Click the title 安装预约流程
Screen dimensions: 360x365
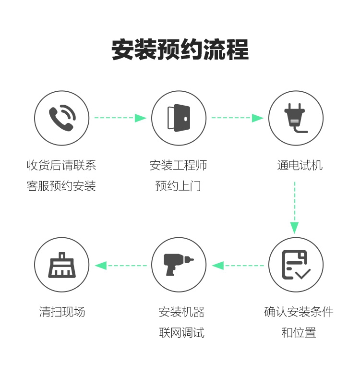(180, 50)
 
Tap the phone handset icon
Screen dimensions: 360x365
(62, 118)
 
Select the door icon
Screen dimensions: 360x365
(179, 118)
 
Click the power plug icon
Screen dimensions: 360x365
(295, 118)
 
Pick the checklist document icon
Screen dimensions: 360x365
(295, 265)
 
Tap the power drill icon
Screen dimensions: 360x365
(179, 265)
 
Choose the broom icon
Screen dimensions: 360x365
(62, 265)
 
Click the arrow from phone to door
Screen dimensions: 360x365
(120, 118)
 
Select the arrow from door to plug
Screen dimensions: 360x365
(237, 118)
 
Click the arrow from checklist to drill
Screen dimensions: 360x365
(238, 265)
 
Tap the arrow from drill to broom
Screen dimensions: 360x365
(121, 265)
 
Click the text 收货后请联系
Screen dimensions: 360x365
(61, 166)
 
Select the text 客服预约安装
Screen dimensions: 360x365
(61, 186)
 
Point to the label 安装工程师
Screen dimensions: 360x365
(179, 166)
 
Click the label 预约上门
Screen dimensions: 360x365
(179, 186)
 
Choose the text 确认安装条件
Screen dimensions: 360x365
(299, 312)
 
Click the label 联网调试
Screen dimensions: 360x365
(181, 332)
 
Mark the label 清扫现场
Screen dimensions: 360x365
(62, 312)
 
